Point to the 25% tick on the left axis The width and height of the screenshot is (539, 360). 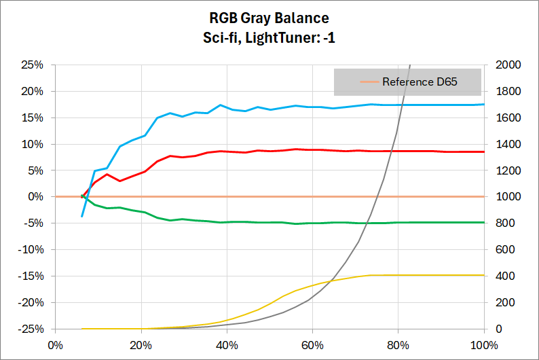[x=33, y=65]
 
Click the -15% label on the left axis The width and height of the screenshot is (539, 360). [x=31, y=276]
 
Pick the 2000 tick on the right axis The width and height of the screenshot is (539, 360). [x=503, y=65]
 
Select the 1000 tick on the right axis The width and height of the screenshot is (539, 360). [x=503, y=197]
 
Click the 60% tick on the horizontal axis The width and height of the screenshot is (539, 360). [x=312, y=344]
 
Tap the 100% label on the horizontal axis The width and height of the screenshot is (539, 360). [x=483, y=344]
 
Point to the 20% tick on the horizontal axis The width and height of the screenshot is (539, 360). [x=141, y=344]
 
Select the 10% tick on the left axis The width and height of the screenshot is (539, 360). [x=33, y=144]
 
